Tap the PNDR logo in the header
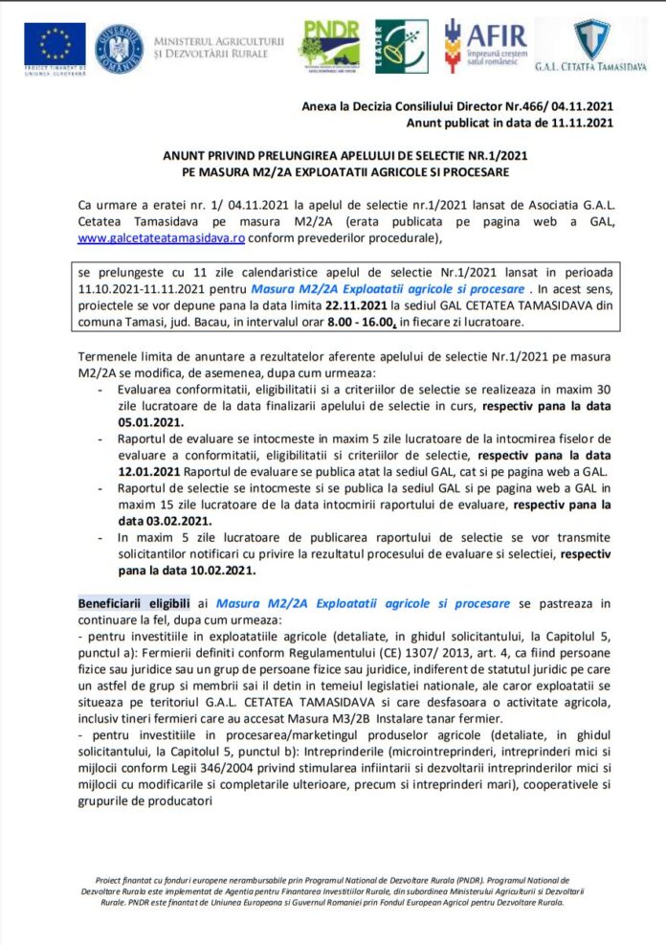[332, 45]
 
